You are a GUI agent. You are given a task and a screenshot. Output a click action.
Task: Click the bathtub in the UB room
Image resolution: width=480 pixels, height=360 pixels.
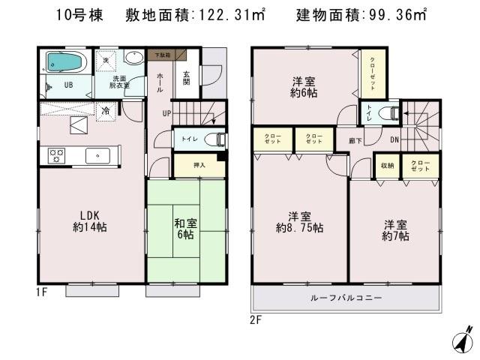pos(67,61)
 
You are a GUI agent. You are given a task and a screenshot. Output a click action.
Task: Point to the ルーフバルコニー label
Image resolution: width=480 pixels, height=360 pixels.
pos(346,298)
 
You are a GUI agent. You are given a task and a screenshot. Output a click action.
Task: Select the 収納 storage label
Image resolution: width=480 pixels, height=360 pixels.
pos(387,166)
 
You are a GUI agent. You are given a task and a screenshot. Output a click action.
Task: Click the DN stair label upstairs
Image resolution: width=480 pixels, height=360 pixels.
pos(394,139)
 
